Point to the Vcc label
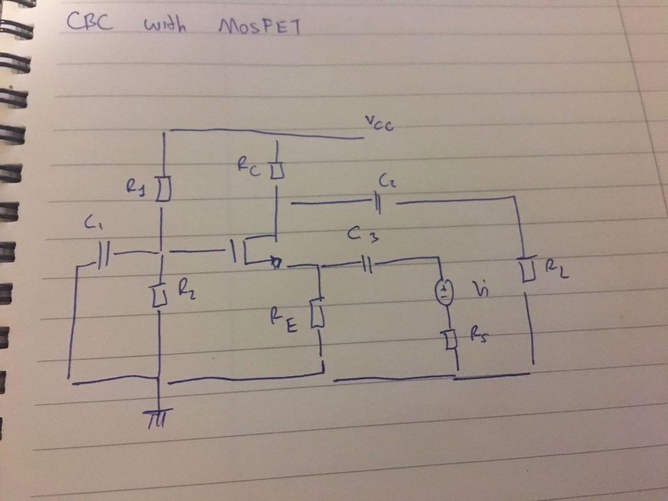(380, 126)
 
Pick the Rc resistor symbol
(277, 170)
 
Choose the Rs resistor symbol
(451, 340)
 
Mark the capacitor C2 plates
(378, 203)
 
